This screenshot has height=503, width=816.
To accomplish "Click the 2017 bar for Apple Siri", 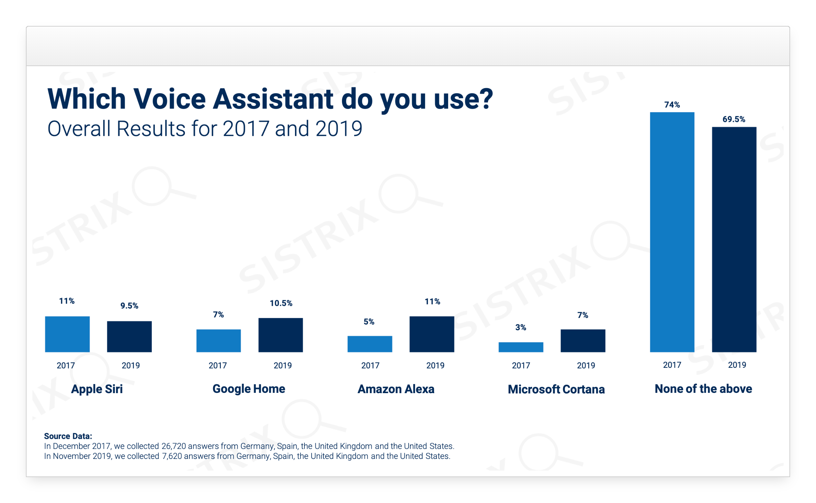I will pyautogui.click(x=67, y=334).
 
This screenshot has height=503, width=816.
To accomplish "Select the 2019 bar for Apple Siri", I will pyautogui.click(x=129, y=336).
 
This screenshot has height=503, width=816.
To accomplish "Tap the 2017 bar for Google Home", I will pyautogui.click(x=218, y=340).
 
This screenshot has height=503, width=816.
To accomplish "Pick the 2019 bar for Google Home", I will pyautogui.click(x=280, y=335).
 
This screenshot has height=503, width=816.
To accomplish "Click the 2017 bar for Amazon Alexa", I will pyautogui.click(x=369, y=344).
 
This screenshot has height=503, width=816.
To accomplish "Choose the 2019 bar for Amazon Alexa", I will pyautogui.click(x=431, y=334).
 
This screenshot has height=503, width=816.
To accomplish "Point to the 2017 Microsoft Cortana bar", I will pyautogui.click(x=520, y=347).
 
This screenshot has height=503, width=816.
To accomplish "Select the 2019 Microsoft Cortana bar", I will pyautogui.click(x=583, y=340).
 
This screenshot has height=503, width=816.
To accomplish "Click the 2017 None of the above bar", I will pyautogui.click(x=672, y=232).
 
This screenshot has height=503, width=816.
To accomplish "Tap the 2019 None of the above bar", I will pyautogui.click(x=734, y=239).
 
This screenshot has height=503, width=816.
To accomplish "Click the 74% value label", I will pyautogui.click(x=672, y=105).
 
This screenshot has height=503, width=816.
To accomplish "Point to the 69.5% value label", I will pyautogui.click(x=733, y=119).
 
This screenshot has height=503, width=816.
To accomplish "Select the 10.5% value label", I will pyautogui.click(x=281, y=303).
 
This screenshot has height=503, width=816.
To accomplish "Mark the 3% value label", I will pyautogui.click(x=520, y=327).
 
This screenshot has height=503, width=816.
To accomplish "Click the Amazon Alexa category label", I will pyautogui.click(x=396, y=389).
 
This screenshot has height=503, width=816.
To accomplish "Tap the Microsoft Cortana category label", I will pyautogui.click(x=556, y=389).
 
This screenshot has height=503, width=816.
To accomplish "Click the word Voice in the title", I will pyautogui.click(x=170, y=99).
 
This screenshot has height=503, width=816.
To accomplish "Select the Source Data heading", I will pyautogui.click(x=68, y=436).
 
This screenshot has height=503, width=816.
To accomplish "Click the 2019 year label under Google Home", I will pyautogui.click(x=283, y=365).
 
